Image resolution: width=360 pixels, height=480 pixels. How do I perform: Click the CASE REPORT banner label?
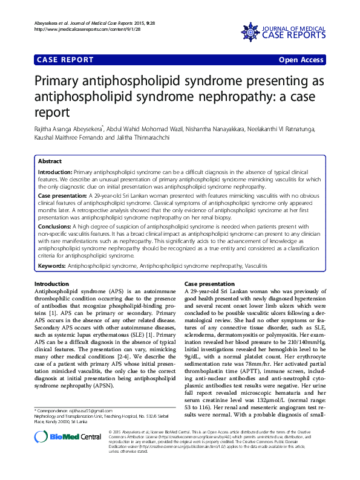pos(66,60)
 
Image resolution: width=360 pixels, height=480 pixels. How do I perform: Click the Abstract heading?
pos(50,161)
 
